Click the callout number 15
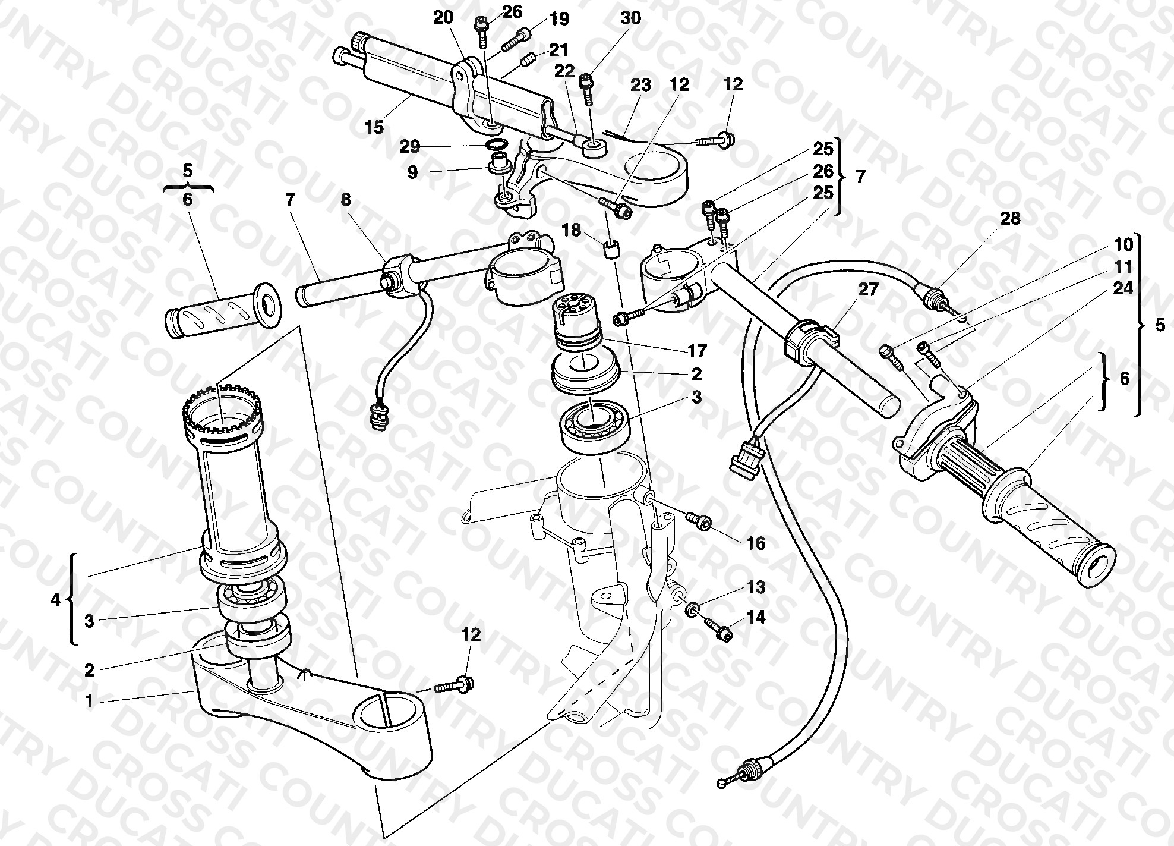pyautogui.click(x=374, y=127)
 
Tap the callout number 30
pyautogui.click(x=630, y=18)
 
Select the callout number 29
pyautogui.click(x=410, y=146)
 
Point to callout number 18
pyautogui.click(x=572, y=229)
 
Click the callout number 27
pyautogui.click(x=868, y=290)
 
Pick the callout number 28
pyautogui.click(x=1010, y=219)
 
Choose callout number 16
pyautogui.click(x=756, y=543)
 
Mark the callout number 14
pyautogui.click(x=756, y=618)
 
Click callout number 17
pyautogui.click(x=697, y=351)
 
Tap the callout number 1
pyautogui.click(x=89, y=701)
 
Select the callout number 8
pyautogui.click(x=346, y=200)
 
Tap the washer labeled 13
pyautogui.click(x=693, y=610)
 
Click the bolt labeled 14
pyautogui.click(x=718, y=630)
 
